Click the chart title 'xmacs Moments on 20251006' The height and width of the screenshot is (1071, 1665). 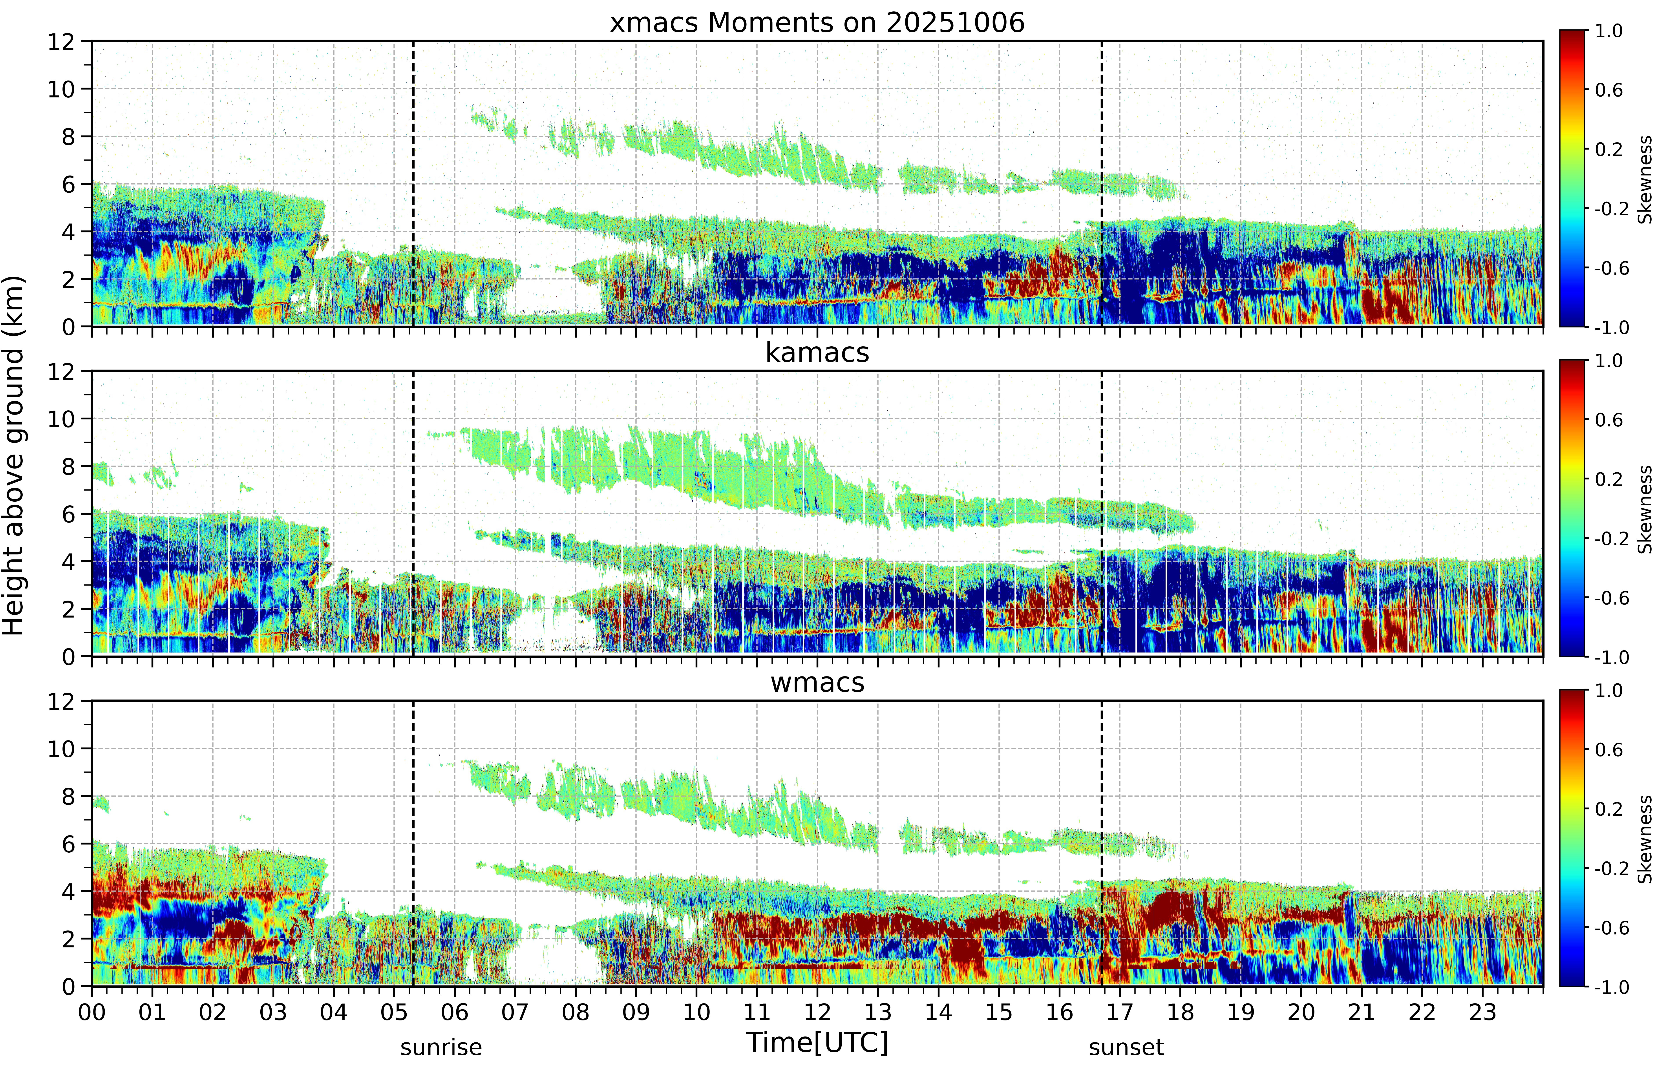817,23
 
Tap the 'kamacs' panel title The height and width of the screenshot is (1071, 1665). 817,353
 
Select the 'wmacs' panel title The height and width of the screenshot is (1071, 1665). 817,682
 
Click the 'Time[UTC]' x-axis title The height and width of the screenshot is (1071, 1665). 817,1042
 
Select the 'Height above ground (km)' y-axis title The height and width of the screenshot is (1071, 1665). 13,455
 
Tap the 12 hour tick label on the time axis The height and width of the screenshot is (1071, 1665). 817,1012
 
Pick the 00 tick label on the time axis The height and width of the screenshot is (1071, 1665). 92,1012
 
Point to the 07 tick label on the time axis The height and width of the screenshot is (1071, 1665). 515,1012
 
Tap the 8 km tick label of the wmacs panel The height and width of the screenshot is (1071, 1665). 68,796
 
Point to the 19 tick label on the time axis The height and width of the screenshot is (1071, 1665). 1241,1012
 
